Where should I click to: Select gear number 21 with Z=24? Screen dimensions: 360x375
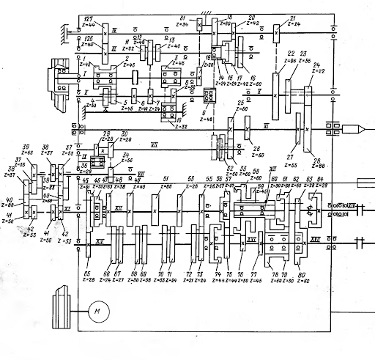click(x=276, y=34)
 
